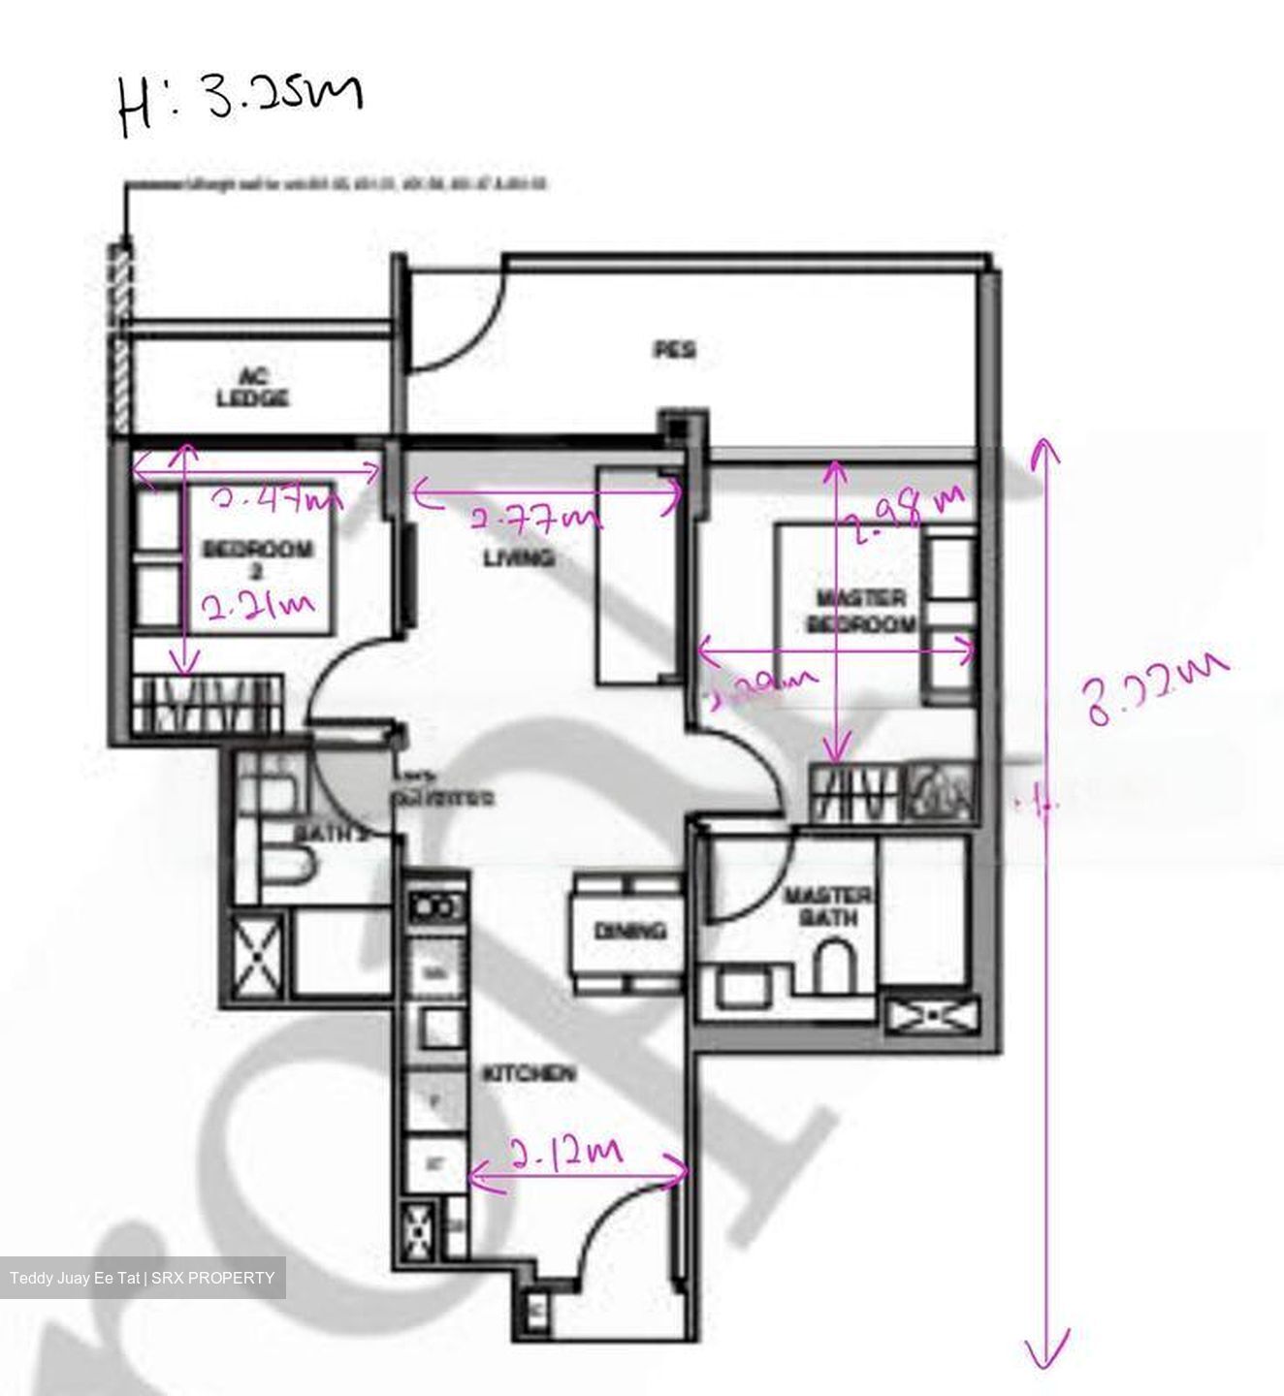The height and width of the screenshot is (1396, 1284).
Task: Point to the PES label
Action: pyautogui.click(x=674, y=349)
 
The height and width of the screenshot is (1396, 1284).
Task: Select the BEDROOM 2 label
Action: pyautogui.click(x=257, y=560)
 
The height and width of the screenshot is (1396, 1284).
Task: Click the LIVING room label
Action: pyautogui.click(x=519, y=557)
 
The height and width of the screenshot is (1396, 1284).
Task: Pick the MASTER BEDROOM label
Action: pyautogui.click(x=860, y=611)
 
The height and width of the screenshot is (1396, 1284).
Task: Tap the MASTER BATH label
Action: pyautogui.click(x=827, y=904)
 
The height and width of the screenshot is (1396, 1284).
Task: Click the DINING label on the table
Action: pyautogui.click(x=629, y=931)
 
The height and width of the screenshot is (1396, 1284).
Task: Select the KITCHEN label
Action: pyautogui.click(x=530, y=1073)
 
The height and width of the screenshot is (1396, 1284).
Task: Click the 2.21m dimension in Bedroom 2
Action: pyautogui.click(x=257, y=608)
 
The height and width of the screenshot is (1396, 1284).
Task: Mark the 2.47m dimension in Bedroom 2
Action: pyautogui.click(x=277, y=499)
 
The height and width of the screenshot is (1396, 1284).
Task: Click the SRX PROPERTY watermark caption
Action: pyautogui.click(x=143, y=1278)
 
